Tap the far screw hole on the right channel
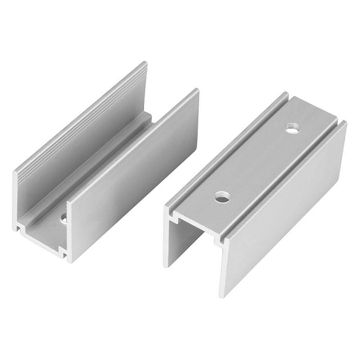tap(292, 130)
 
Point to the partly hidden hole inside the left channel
tap(63, 218)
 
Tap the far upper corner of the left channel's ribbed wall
tap(145, 64)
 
